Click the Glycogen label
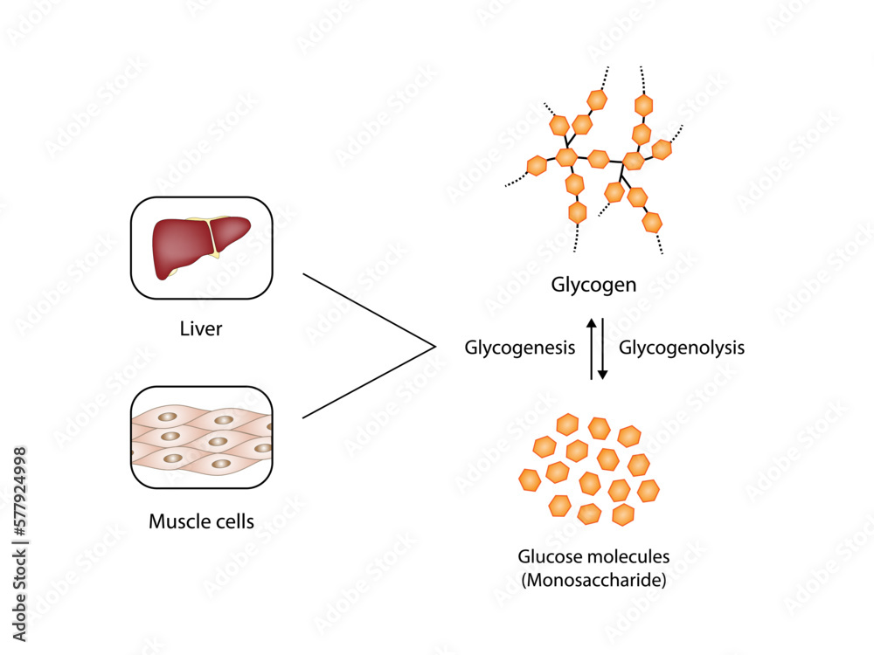[x=593, y=285]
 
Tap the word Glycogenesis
[x=519, y=348]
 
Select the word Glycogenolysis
[x=682, y=348]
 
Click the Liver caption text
[x=201, y=329]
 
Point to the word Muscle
[x=177, y=522]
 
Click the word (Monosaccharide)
[x=593, y=579]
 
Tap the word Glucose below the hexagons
[x=546, y=556]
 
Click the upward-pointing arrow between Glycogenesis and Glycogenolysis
[x=591, y=348]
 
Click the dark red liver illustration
[x=179, y=245]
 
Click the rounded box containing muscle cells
[x=201, y=437]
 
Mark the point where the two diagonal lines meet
[x=434, y=347]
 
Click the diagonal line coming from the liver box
[x=367, y=310]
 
